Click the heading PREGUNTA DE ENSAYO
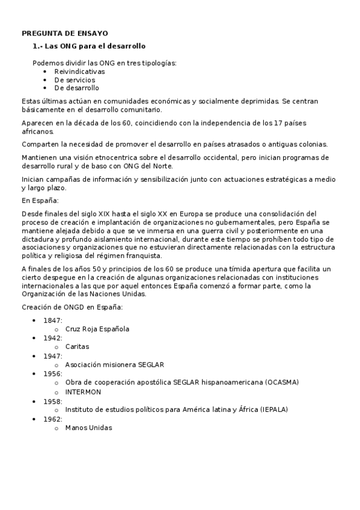(x=65, y=34)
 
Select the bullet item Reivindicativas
(x=79, y=71)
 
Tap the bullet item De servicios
(x=75, y=79)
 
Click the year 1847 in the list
(x=53, y=320)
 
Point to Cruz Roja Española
(x=97, y=329)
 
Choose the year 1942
(x=53, y=338)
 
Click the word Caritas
(x=78, y=347)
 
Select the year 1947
(x=53, y=356)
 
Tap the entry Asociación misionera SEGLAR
(x=114, y=364)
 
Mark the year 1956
(x=53, y=373)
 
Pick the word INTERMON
(x=83, y=392)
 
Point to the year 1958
(x=53, y=401)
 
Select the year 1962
(x=53, y=419)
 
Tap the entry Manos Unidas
(x=88, y=428)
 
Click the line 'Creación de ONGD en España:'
(x=72, y=307)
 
